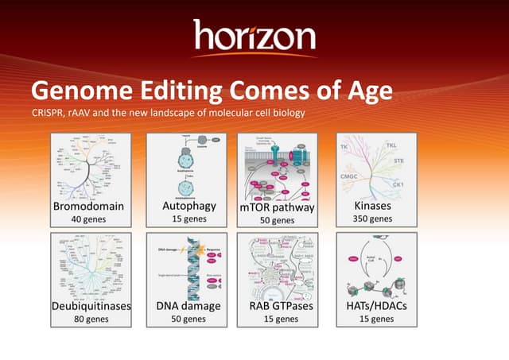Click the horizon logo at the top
point(254,37)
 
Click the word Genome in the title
point(80,91)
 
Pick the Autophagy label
point(179,206)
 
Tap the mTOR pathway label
point(278,207)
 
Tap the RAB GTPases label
point(276,306)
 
